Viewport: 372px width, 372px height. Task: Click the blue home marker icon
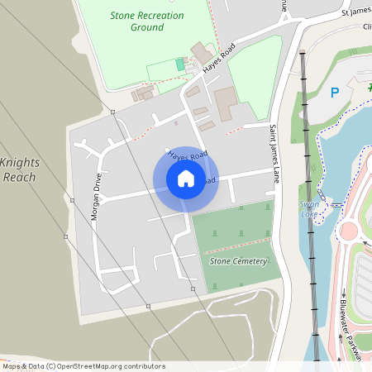point(186,179)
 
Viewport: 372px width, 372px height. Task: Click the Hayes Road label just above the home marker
point(187,155)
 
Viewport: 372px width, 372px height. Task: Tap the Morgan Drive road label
point(97,197)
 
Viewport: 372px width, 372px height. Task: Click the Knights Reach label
point(20,169)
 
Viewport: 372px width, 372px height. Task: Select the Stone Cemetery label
point(239,261)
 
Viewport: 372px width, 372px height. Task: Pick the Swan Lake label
point(309,207)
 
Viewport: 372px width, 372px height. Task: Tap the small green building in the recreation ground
point(180,64)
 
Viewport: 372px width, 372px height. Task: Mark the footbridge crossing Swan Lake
point(335,203)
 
